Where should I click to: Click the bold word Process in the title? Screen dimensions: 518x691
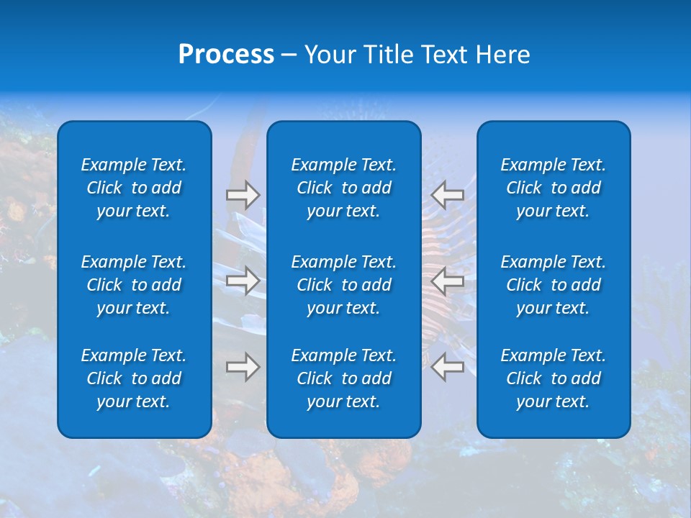226,55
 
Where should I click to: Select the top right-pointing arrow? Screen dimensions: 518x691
243,195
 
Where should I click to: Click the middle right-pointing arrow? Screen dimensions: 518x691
243,281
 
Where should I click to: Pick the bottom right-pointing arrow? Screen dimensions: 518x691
243,367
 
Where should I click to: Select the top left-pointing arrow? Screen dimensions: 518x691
448,195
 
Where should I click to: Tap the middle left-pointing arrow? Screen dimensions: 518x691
448,281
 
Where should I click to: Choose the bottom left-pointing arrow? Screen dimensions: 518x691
448,367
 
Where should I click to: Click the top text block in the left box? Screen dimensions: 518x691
134,188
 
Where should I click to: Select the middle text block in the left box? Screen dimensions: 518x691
134,285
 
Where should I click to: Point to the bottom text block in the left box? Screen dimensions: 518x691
134,378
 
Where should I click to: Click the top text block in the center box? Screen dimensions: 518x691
343,188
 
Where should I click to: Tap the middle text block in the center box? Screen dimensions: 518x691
343,285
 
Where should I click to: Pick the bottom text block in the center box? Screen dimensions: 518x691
343,378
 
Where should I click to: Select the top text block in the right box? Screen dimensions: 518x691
553,188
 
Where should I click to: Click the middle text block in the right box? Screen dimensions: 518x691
553,285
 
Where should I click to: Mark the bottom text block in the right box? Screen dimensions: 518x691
553,378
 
